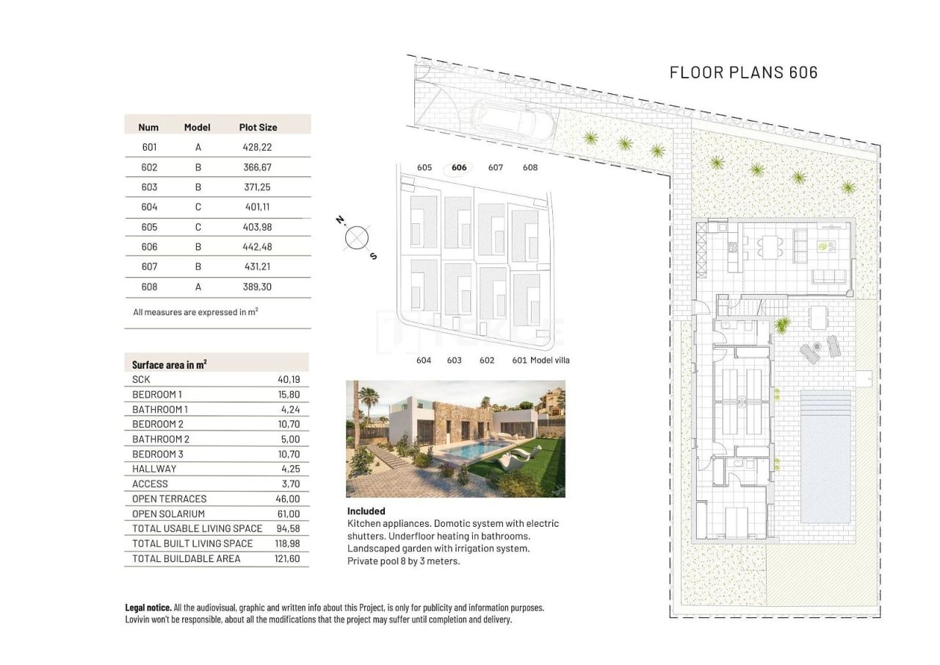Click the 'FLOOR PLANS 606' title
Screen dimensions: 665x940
click(743, 72)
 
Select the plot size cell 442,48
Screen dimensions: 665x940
click(257, 247)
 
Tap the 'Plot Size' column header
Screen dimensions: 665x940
click(258, 127)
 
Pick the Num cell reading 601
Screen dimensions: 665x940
click(149, 147)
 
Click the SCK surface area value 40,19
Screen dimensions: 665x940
click(289, 380)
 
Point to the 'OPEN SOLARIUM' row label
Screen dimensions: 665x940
click(168, 514)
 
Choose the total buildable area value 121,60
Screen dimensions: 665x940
click(288, 558)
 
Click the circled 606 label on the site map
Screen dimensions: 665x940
click(459, 168)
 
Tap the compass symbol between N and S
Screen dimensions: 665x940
click(357, 237)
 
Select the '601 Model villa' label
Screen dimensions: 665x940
click(540, 360)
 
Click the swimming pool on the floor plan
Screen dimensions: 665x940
click(825, 456)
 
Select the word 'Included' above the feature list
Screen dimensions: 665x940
click(366, 511)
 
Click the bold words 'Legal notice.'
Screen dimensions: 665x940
click(148, 608)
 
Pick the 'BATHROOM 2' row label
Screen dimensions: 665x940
click(161, 439)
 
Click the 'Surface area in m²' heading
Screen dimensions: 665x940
click(169, 364)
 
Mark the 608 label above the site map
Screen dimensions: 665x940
click(530, 168)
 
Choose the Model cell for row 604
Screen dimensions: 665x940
click(198, 207)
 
